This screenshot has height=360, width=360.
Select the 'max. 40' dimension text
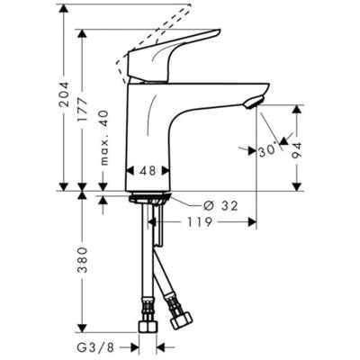tap(104, 136)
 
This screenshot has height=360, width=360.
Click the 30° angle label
tap(268, 152)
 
